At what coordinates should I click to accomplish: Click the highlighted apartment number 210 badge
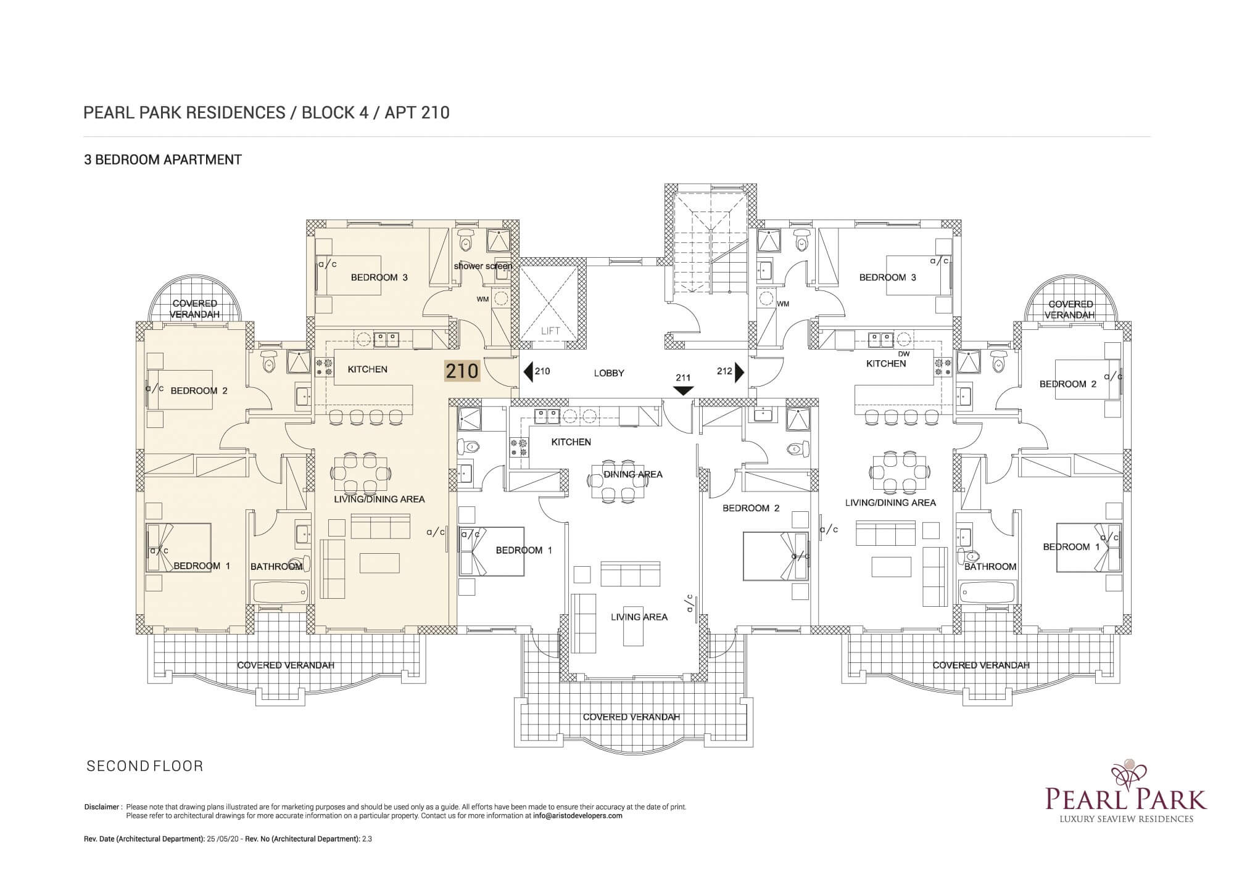[462, 371]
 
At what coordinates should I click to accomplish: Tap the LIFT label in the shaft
[550, 331]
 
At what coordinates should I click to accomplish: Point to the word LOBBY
[609, 373]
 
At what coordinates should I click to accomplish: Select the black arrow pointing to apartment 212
[739, 372]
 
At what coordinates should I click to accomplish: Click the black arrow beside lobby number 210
[528, 372]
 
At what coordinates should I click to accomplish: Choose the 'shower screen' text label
[483, 266]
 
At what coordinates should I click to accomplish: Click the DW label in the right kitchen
[904, 354]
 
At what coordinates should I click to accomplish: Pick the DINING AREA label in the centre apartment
[633, 474]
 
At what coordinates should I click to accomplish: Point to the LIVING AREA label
[639, 617]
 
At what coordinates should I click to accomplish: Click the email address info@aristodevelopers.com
[578, 815]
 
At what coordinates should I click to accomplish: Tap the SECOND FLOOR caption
[145, 767]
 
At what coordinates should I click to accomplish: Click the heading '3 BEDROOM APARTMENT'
[163, 160]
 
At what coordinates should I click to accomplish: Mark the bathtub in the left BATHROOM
[280, 592]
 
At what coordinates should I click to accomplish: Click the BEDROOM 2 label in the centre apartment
[751, 508]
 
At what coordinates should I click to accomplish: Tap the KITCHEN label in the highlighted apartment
[368, 369]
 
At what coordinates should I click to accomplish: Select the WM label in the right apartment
[783, 304]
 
